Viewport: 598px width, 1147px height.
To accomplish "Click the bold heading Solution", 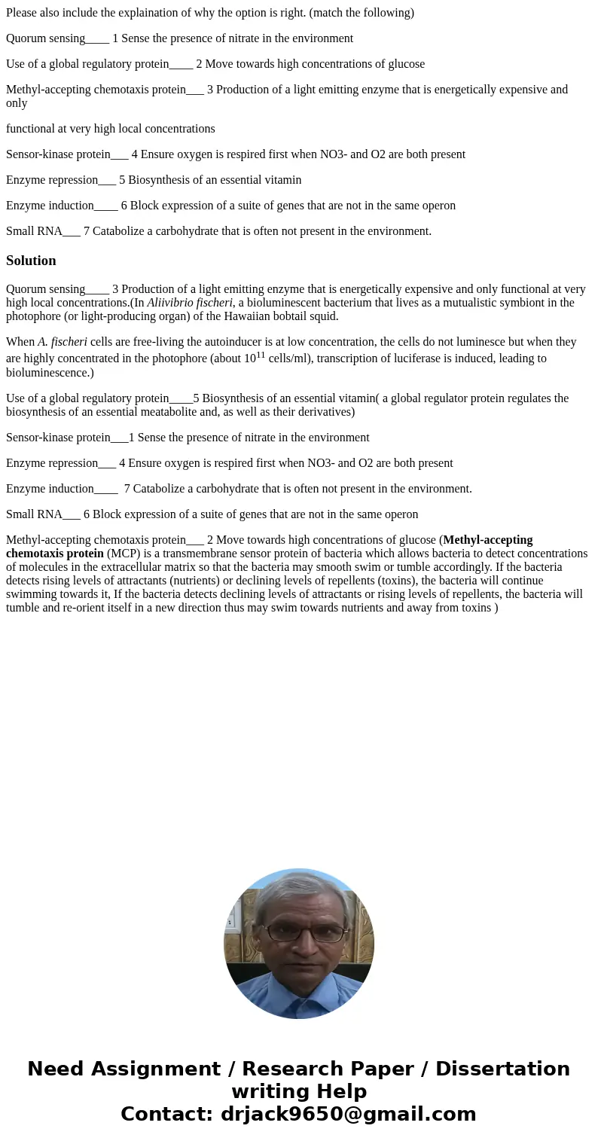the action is point(31,261).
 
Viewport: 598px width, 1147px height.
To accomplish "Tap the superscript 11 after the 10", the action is point(261,355).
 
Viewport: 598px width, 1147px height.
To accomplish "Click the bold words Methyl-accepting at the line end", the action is point(488,540).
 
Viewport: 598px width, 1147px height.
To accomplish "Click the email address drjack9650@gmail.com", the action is point(348,1114).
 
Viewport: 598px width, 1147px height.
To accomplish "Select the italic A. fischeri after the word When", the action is point(63,342).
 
